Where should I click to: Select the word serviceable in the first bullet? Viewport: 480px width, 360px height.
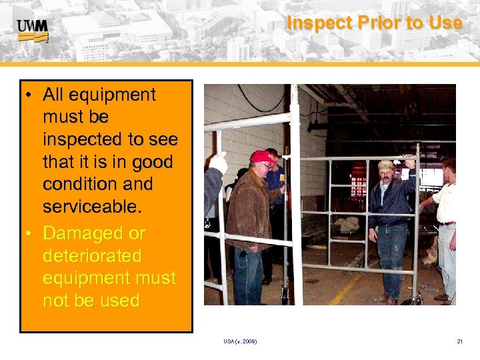pos(91,207)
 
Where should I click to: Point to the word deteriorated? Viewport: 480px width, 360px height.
pos(92,256)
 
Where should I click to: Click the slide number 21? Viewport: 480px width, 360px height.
pos(459,341)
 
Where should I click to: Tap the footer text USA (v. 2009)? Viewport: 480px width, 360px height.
pos(241,341)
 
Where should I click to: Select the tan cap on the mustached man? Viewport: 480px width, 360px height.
pos(385,165)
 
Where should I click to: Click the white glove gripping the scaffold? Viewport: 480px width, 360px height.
pos(218,163)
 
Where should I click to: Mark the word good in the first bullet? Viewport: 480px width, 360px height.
pos(152,162)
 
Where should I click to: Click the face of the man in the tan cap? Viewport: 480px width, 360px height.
pos(387,176)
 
